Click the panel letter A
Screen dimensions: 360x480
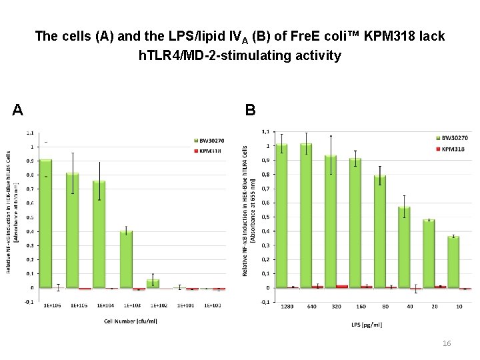(19, 109)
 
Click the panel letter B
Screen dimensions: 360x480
(249, 109)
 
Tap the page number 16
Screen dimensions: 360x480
(447, 343)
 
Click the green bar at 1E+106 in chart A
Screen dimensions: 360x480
(45, 223)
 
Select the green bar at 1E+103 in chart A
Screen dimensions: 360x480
(127, 259)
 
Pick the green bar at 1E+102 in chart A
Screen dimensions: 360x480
(153, 283)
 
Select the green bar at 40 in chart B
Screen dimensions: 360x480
(404, 247)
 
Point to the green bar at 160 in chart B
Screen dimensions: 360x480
(355, 223)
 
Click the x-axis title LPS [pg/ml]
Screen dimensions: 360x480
(367, 325)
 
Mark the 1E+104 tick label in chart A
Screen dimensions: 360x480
(105, 305)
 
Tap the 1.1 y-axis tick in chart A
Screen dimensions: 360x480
(30, 132)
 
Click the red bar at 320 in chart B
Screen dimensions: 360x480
(342, 286)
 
